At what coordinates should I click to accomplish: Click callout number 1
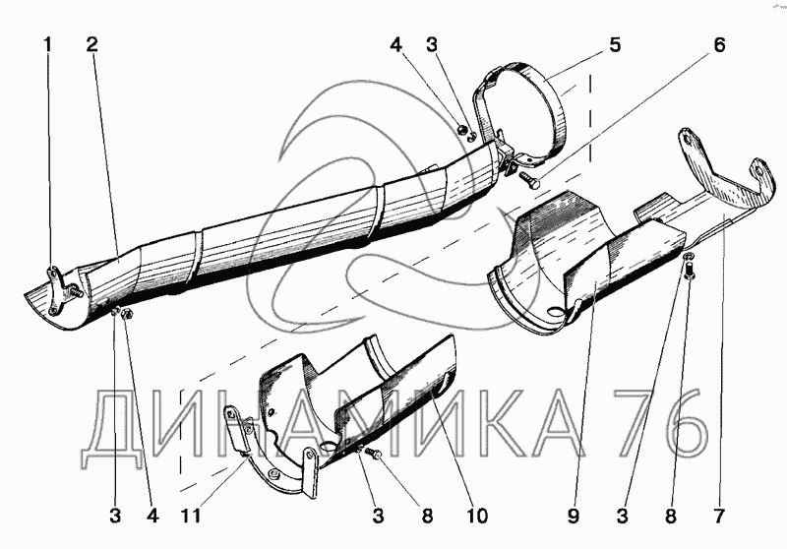point(46,44)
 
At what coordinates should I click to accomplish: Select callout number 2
point(91,44)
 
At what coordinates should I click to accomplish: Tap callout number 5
point(614,44)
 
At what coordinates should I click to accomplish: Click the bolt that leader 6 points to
point(529,179)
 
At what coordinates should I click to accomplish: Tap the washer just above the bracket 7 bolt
point(687,257)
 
